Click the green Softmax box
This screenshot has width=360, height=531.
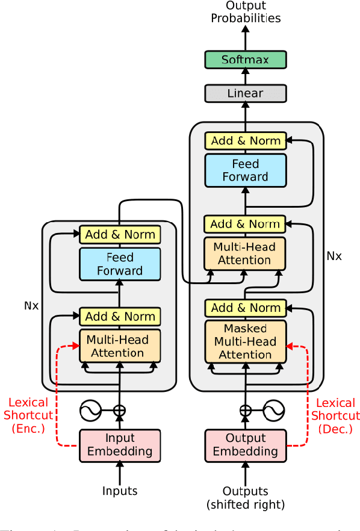point(245,59)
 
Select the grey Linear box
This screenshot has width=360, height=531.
point(245,93)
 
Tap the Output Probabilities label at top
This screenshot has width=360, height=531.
point(245,12)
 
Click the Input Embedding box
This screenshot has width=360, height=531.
point(120,445)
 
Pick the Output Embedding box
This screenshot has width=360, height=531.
point(245,445)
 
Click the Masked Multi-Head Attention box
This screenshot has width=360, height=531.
point(245,341)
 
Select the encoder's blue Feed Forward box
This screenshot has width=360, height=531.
point(120,264)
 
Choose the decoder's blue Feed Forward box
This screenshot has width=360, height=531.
point(245,170)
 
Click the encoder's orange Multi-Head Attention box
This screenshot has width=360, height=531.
point(120,346)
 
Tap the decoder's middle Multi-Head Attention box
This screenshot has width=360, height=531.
point(245,253)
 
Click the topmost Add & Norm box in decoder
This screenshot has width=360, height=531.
point(245,141)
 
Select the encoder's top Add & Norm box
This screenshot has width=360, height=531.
point(120,234)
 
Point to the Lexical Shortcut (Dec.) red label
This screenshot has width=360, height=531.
point(337,416)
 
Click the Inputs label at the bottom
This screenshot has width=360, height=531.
point(120,491)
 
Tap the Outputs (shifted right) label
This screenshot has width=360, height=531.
point(245,497)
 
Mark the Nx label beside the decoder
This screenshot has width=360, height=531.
point(334,256)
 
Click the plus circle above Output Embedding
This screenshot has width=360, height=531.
point(245,412)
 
